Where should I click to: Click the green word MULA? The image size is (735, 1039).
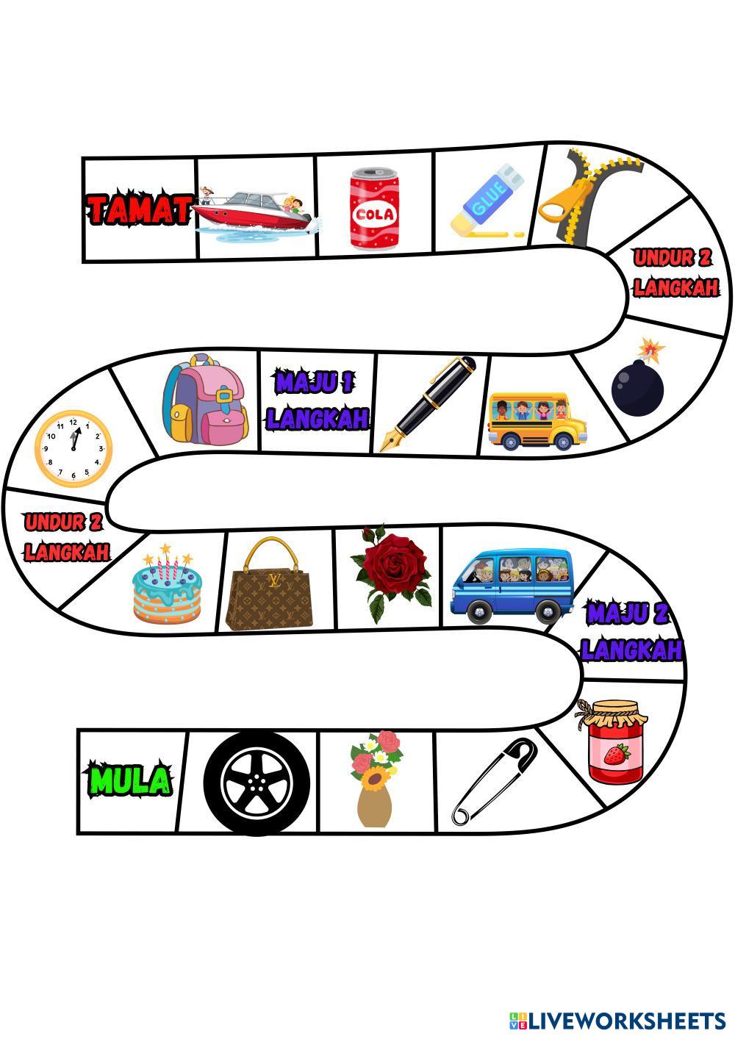click(x=130, y=780)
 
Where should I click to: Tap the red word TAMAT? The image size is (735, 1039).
click(x=140, y=209)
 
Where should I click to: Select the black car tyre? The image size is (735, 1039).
click(x=257, y=783)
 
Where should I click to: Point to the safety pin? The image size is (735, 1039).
click(x=494, y=780)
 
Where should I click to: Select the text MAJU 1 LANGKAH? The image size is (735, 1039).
click(x=317, y=401)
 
